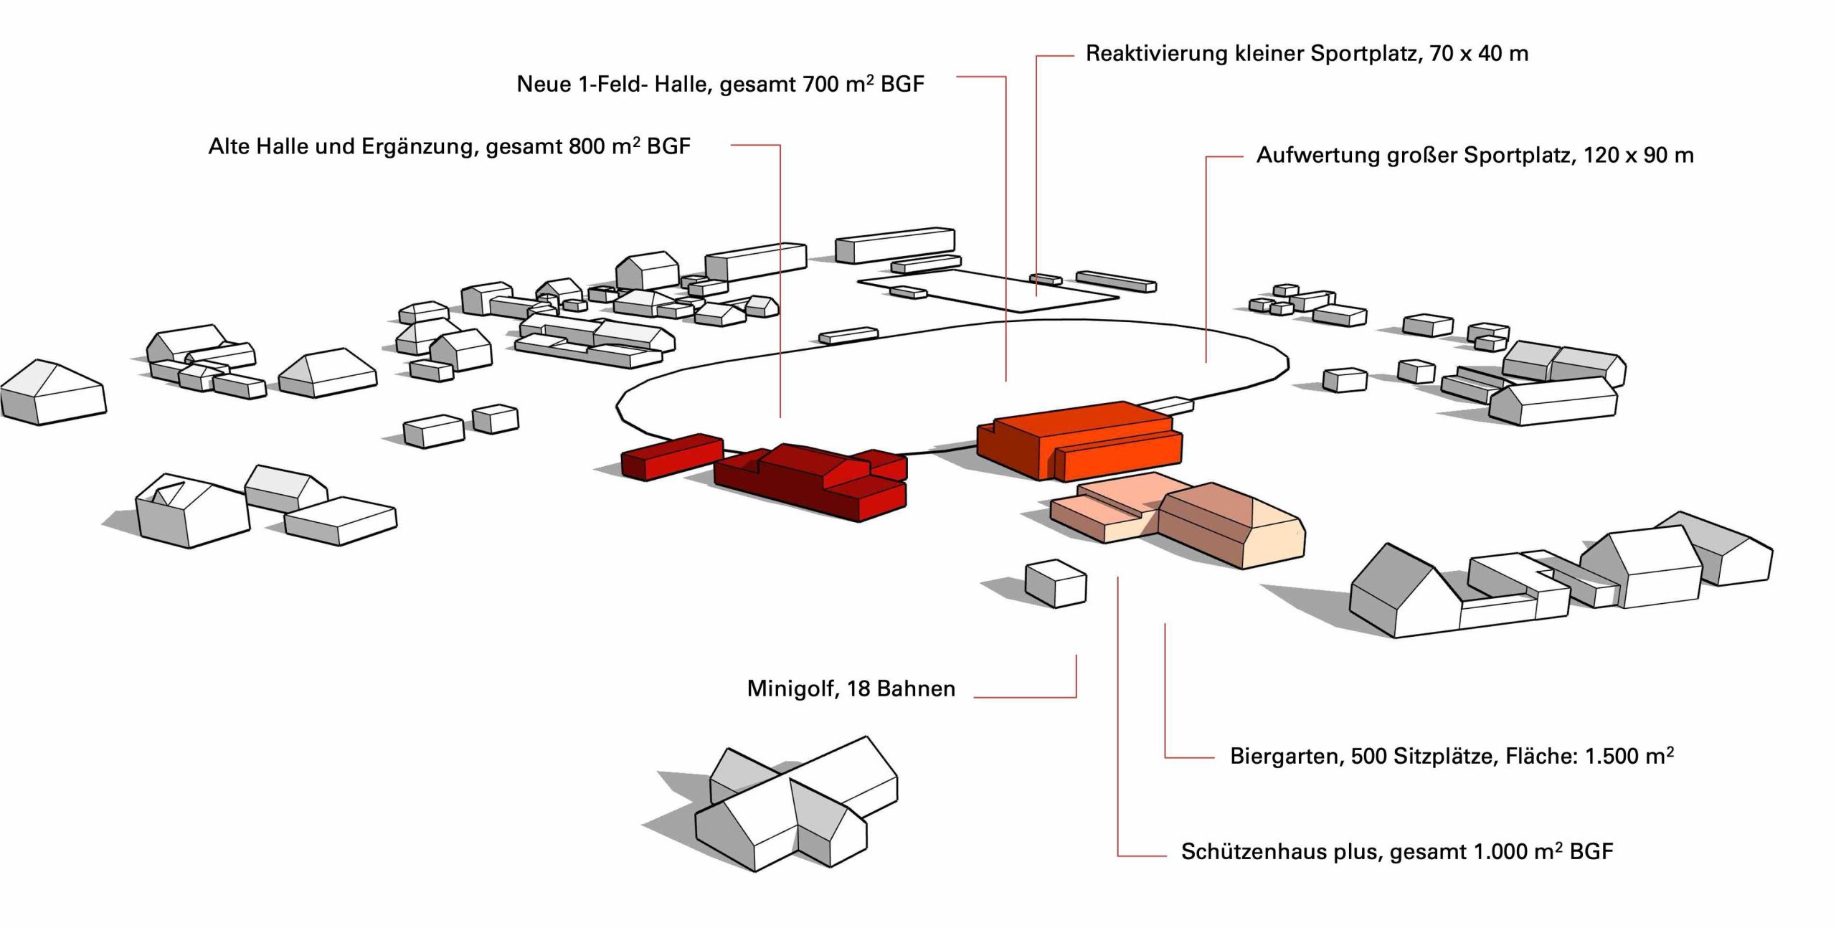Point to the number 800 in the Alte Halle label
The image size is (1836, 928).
coord(586,147)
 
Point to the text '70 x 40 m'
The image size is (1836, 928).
coord(1479,54)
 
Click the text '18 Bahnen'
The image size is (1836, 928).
coord(901,689)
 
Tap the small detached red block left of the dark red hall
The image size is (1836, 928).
coord(671,456)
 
